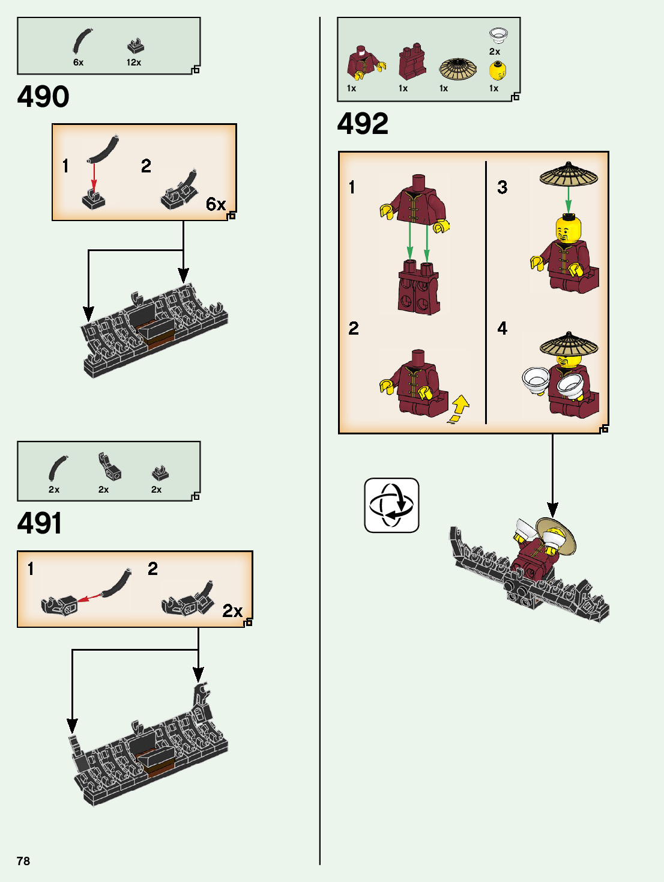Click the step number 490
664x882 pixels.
[43, 97]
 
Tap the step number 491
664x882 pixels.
[40, 523]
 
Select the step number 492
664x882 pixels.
[363, 124]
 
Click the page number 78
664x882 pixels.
[23, 861]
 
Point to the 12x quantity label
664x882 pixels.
[134, 62]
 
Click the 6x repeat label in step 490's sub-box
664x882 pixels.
[216, 204]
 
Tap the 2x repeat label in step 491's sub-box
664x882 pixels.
[232, 611]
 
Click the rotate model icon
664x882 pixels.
[391, 505]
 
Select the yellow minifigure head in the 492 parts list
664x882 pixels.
[497, 70]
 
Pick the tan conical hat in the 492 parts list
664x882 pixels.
[457, 69]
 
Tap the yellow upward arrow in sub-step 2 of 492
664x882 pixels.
[459, 409]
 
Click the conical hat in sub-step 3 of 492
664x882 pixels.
[569, 174]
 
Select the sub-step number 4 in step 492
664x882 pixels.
[503, 328]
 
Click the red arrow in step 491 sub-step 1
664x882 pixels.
[90, 598]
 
